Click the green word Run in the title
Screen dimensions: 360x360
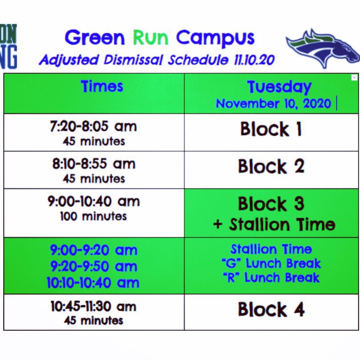(x=151, y=38)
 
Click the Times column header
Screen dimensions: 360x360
(x=102, y=86)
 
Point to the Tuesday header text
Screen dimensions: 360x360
(x=279, y=87)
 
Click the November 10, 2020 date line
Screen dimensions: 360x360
(x=273, y=104)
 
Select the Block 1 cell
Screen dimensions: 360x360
(x=271, y=129)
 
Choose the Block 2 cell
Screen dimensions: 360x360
(x=271, y=167)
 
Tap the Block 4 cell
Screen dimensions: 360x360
(x=271, y=310)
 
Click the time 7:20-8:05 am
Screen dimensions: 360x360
(x=93, y=127)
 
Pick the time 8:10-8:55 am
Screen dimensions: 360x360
(x=93, y=164)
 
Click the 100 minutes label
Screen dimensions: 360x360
(x=93, y=217)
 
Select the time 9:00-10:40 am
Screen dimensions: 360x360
(x=93, y=202)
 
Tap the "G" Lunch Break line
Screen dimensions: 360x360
(x=271, y=263)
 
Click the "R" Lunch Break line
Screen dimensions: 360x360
(x=271, y=278)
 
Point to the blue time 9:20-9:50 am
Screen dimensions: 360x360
(x=93, y=267)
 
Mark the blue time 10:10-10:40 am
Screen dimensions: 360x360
(x=93, y=283)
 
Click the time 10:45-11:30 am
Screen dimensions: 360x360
(x=93, y=307)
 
